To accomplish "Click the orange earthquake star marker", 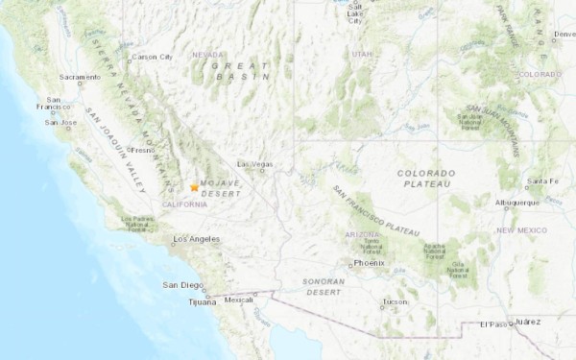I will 194,187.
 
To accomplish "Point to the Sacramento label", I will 80,77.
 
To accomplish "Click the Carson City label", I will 152,57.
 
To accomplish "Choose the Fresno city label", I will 143,150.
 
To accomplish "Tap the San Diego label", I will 181,285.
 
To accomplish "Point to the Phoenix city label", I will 369,262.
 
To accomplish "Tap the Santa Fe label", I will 541,180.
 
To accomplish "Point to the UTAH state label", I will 361,55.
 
